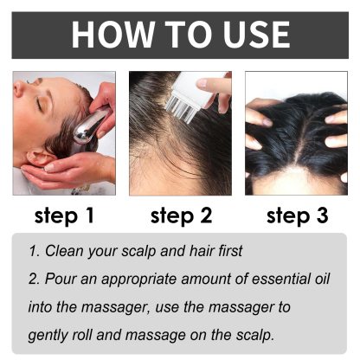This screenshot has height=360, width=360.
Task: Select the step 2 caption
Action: click(180, 214)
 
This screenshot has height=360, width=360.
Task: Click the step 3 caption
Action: click(296, 214)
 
